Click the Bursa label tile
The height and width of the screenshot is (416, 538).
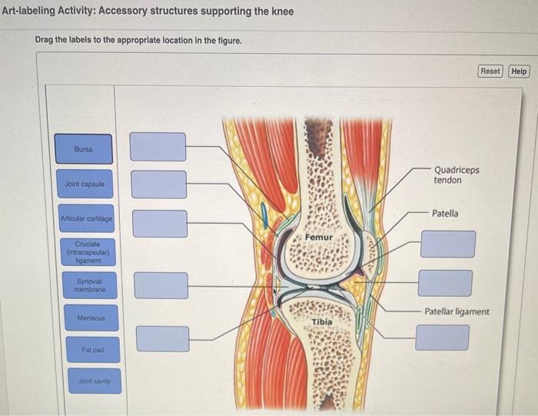pyautogui.click(x=83, y=149)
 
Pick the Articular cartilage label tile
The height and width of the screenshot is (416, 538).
pyautogui.click(x=87, y=219)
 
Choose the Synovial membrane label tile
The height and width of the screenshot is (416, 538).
pyautogui.click(x=89, y=285)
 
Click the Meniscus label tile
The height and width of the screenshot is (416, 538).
pyautogui.click(x=91, y=318)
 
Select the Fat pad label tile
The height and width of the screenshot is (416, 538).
pyautogui.click(x=93, y=350)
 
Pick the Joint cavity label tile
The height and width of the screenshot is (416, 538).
pyautogui.click(x=95, y=381)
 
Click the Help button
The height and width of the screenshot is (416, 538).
pyautogui.click(x=519, y=72)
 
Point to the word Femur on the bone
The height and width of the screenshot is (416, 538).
pyautogui.click(x=318, y=238)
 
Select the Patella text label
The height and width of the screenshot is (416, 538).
pyautogui.click(x=444, y=213)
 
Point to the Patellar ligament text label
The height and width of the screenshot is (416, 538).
pyautogui.click(x=457, y=311)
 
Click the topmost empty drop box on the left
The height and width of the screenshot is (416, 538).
pyautogui.click(x=158, y=147)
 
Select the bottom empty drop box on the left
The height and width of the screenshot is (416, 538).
pyautogui.click(x=162, y=338)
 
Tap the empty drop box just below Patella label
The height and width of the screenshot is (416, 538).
pyautogui.click(x=447, y=244)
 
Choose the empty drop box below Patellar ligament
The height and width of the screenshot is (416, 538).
pyautogui.click(x=442, y=337)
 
